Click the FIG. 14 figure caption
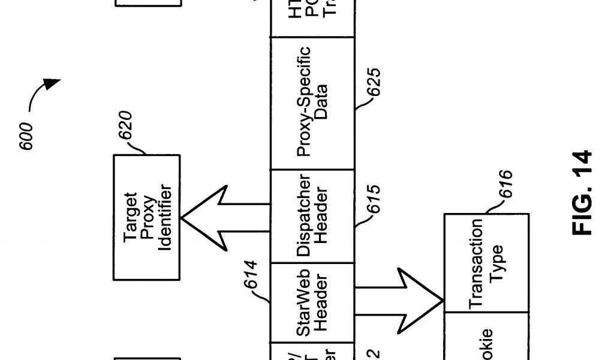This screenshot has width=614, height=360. click(x=582, y=193)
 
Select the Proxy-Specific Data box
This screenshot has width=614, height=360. click(x=312, y=103)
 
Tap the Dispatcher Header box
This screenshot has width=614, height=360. click(x=312, y=216)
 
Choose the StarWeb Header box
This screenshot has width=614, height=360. click(x=312, y=303)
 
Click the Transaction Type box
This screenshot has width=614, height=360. click(x=486, y=262)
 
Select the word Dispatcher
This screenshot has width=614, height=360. click(x=304, y=216)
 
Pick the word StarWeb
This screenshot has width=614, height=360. click(x=304, y=303)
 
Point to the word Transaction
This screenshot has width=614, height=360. click(x=477, y=263)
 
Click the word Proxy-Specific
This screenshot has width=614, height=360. click(x=304, y=103)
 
